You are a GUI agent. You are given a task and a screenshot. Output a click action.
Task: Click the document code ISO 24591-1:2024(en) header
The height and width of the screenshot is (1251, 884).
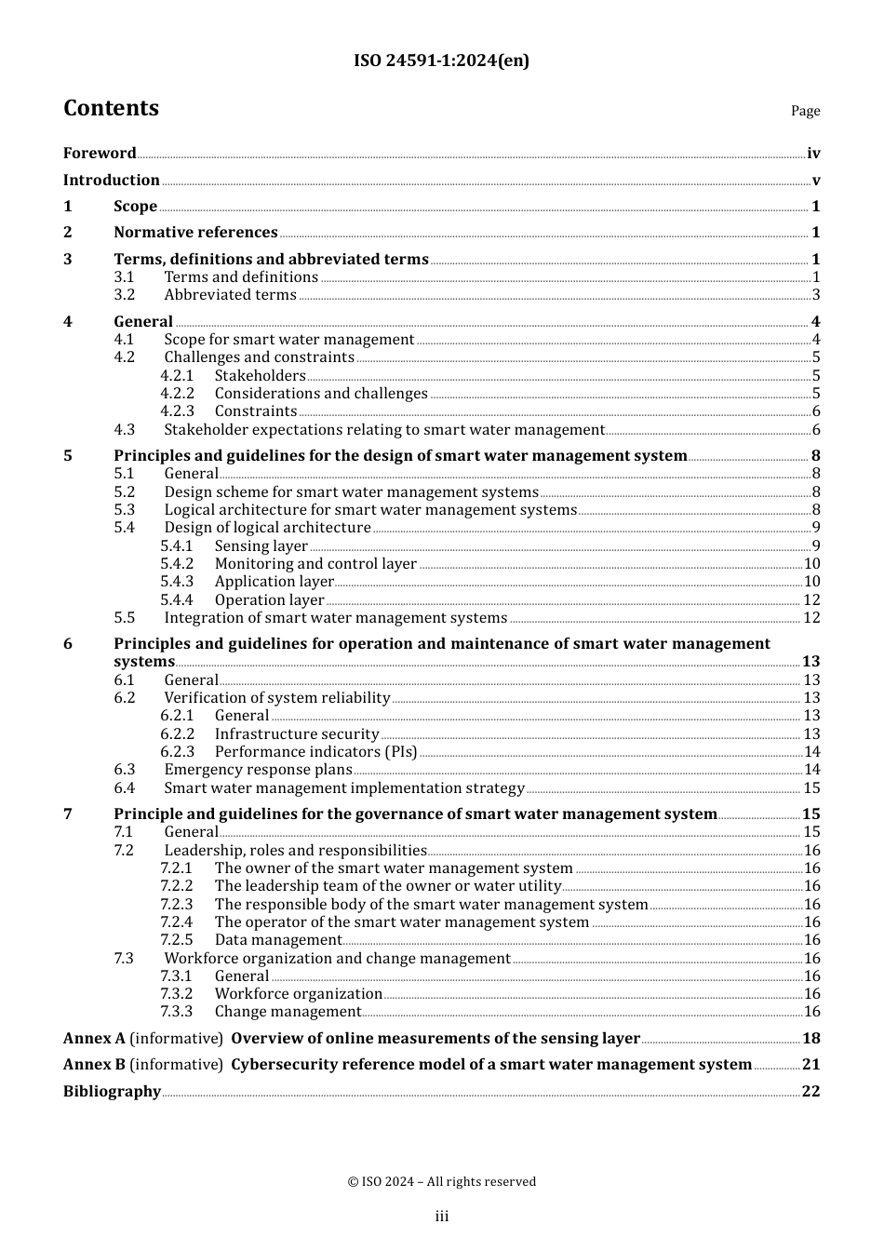tap(441, 61)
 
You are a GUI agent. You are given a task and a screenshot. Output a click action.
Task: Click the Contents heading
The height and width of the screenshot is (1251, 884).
tap(111, 108)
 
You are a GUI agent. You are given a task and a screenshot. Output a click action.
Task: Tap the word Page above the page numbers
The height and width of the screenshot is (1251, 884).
tap(805, 111)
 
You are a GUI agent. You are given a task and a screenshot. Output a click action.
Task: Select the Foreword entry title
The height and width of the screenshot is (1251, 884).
tap(100, 154)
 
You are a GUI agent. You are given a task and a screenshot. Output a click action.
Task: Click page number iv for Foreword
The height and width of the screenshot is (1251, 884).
tap(813, 154)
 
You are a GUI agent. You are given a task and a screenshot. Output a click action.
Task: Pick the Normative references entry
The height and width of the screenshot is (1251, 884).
tap(195, 233)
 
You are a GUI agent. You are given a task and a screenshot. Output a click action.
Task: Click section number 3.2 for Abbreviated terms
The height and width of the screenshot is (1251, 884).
tap(125, 295)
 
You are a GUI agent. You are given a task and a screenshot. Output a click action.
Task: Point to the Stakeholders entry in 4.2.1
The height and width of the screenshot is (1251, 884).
tap(260, 376)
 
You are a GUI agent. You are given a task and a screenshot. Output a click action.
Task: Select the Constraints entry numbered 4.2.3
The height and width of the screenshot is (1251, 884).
tap(256, 411)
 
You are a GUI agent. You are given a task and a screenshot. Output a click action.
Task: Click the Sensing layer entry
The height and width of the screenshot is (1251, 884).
tap(261, 546)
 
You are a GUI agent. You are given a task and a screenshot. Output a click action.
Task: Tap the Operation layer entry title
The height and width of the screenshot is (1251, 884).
tap(269, 600)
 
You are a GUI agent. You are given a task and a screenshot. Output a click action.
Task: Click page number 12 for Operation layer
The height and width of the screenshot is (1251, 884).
tap(811, 600)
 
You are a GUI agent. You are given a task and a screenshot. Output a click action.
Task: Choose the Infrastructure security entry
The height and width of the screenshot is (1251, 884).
tap(297, 734)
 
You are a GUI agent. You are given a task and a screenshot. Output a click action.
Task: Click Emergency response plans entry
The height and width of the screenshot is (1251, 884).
tap(258, 770)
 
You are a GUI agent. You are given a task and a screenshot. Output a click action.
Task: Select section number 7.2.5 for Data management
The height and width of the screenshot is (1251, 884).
tap(177, 940)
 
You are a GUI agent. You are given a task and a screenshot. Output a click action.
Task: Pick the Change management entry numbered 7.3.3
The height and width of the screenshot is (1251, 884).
tap(288, 1012)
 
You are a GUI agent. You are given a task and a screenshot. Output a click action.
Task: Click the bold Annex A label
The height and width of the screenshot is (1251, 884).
tap(94, 1039)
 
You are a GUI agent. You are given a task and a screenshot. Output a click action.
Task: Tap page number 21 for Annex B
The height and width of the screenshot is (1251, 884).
tap(810, 1065)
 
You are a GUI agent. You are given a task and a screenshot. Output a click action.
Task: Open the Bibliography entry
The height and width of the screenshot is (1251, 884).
tap(112, 1092)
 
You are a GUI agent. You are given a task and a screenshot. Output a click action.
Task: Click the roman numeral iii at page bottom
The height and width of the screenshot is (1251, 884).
tap(442, 1217)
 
